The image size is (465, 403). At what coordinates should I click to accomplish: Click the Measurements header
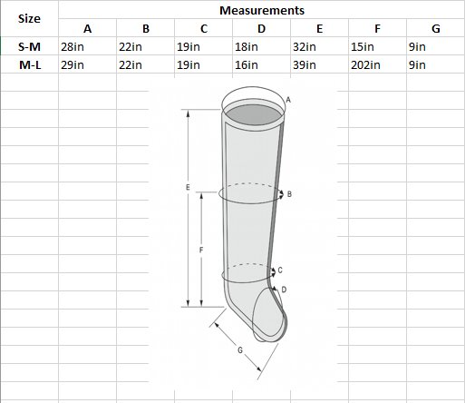[262, 11]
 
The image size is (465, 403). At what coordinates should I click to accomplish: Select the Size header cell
[29, 18]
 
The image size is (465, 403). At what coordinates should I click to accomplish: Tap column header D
[262, 29]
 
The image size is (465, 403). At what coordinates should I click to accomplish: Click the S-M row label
[29, 47]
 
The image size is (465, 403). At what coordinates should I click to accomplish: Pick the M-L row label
[30, 65]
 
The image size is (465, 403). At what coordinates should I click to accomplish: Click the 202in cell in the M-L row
[365, 65]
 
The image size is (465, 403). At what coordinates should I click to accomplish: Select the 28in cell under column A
[73, 47]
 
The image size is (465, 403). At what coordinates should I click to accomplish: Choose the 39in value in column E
[305, 65]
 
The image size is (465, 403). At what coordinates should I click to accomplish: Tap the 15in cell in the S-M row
[363, 47]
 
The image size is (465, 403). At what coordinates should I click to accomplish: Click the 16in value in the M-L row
[247, 65]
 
